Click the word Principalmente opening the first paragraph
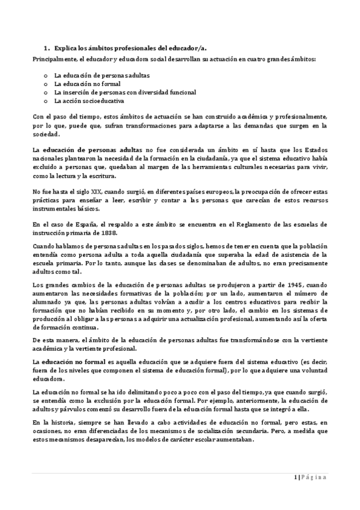[x=54, y=58]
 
